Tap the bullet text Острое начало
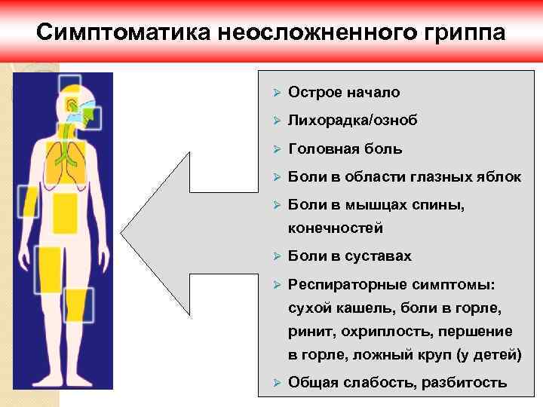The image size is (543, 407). [344, 93]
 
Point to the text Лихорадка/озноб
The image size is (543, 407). [353, 121]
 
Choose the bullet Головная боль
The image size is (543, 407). [345, 149]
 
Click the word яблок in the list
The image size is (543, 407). [499, 177]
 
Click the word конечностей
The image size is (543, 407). [336, 227]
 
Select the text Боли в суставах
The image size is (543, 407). [350, 256]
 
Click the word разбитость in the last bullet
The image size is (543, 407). [465, 382]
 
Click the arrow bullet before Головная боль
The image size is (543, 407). [277, 149]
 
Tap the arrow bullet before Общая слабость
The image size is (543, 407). [277, 382]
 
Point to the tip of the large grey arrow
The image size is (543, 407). [123, 240]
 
